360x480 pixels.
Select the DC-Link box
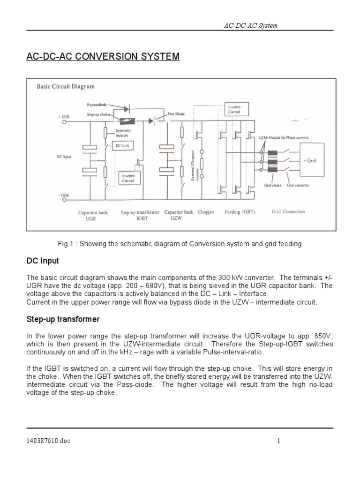[125, 146]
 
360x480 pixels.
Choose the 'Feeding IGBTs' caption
[241, 212]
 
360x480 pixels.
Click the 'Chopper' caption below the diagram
[207, 212]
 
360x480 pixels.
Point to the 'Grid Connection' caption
[288, 211]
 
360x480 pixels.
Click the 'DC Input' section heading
[43, 261]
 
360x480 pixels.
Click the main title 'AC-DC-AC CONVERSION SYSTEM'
[103, 57]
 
